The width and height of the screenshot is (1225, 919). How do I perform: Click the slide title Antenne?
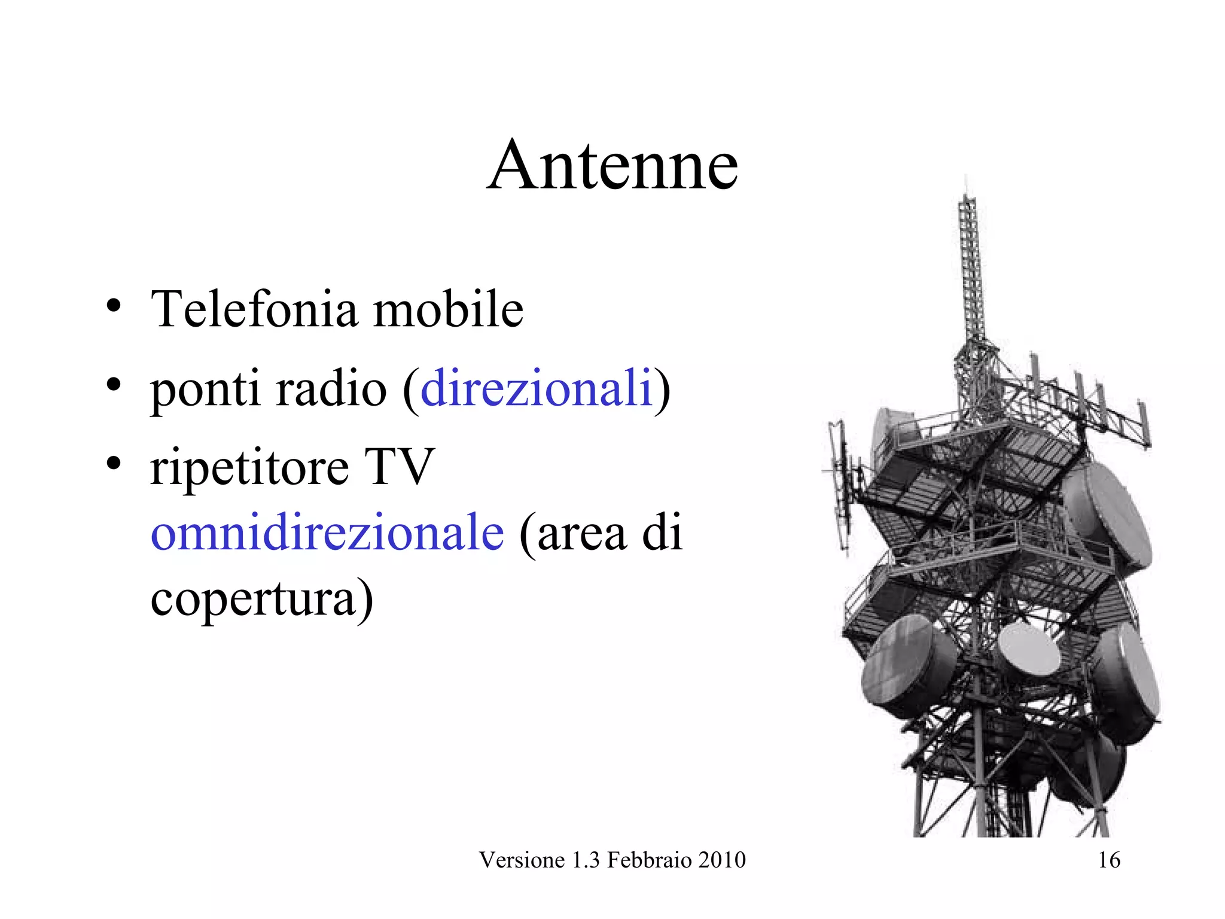[x=612, y=165]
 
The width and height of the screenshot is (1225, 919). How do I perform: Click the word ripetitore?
[x=249, y=468]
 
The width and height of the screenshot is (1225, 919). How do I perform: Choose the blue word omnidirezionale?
[x=327, y=532]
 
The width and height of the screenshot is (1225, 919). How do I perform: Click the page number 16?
[x=1109, y=860]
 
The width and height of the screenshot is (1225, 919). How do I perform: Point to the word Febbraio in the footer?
[x=645, y=860]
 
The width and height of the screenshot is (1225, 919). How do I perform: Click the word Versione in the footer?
[x=522, y=860]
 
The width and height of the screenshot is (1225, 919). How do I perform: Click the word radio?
[x=332, y=389]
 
